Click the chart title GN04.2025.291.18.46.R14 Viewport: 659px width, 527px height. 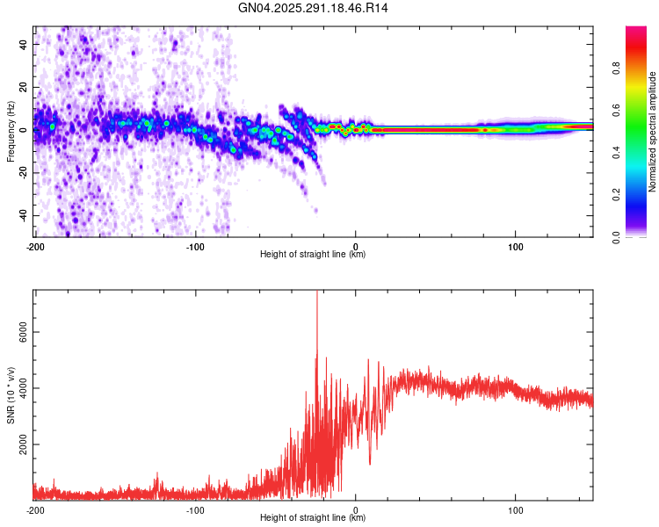coord(313,8)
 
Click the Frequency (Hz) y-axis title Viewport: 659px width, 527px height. coord(11,131)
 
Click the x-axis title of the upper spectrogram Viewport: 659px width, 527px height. coord(313,255)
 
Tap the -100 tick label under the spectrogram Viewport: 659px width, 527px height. coord(195,246)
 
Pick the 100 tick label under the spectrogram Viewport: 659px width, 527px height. coord(515,246)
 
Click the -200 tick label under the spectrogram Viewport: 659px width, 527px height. coord(35,246)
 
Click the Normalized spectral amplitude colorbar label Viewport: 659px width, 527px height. coord(653,132)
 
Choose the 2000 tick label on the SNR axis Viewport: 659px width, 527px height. coord(18,445)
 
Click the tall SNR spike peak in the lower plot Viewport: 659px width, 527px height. coord(316,293)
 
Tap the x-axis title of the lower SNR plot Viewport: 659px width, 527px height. coord(313,518)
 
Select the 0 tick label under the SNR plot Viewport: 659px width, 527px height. coord(355,509)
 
